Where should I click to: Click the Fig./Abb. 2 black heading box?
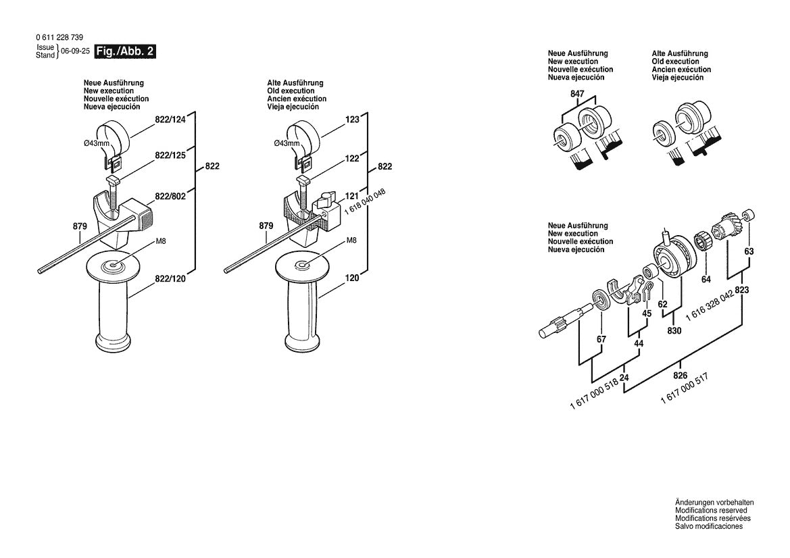125,52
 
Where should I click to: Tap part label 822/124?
170,120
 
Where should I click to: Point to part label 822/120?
170,278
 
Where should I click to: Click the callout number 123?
352,120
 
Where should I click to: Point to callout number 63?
749,251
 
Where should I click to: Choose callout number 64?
706,278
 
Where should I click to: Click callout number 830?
674,331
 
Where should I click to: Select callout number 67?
601,338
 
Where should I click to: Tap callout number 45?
647,313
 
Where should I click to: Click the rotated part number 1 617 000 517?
687,388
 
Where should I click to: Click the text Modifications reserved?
709,511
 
